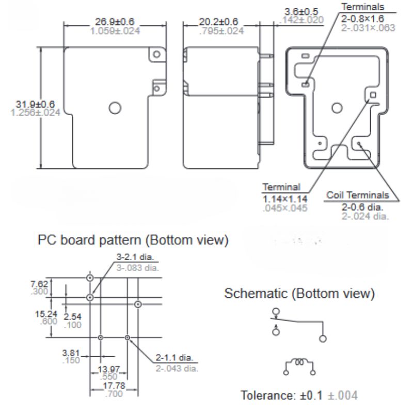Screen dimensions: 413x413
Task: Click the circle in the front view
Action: tap(115, 107)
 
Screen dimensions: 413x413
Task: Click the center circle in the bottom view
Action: tap(337, 108)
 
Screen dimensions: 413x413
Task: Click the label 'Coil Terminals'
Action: tap(357, 195)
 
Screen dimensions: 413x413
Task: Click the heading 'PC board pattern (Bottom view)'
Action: tap(132, 240)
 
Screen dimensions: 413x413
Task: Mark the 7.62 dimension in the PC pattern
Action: tap(40, 283)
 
